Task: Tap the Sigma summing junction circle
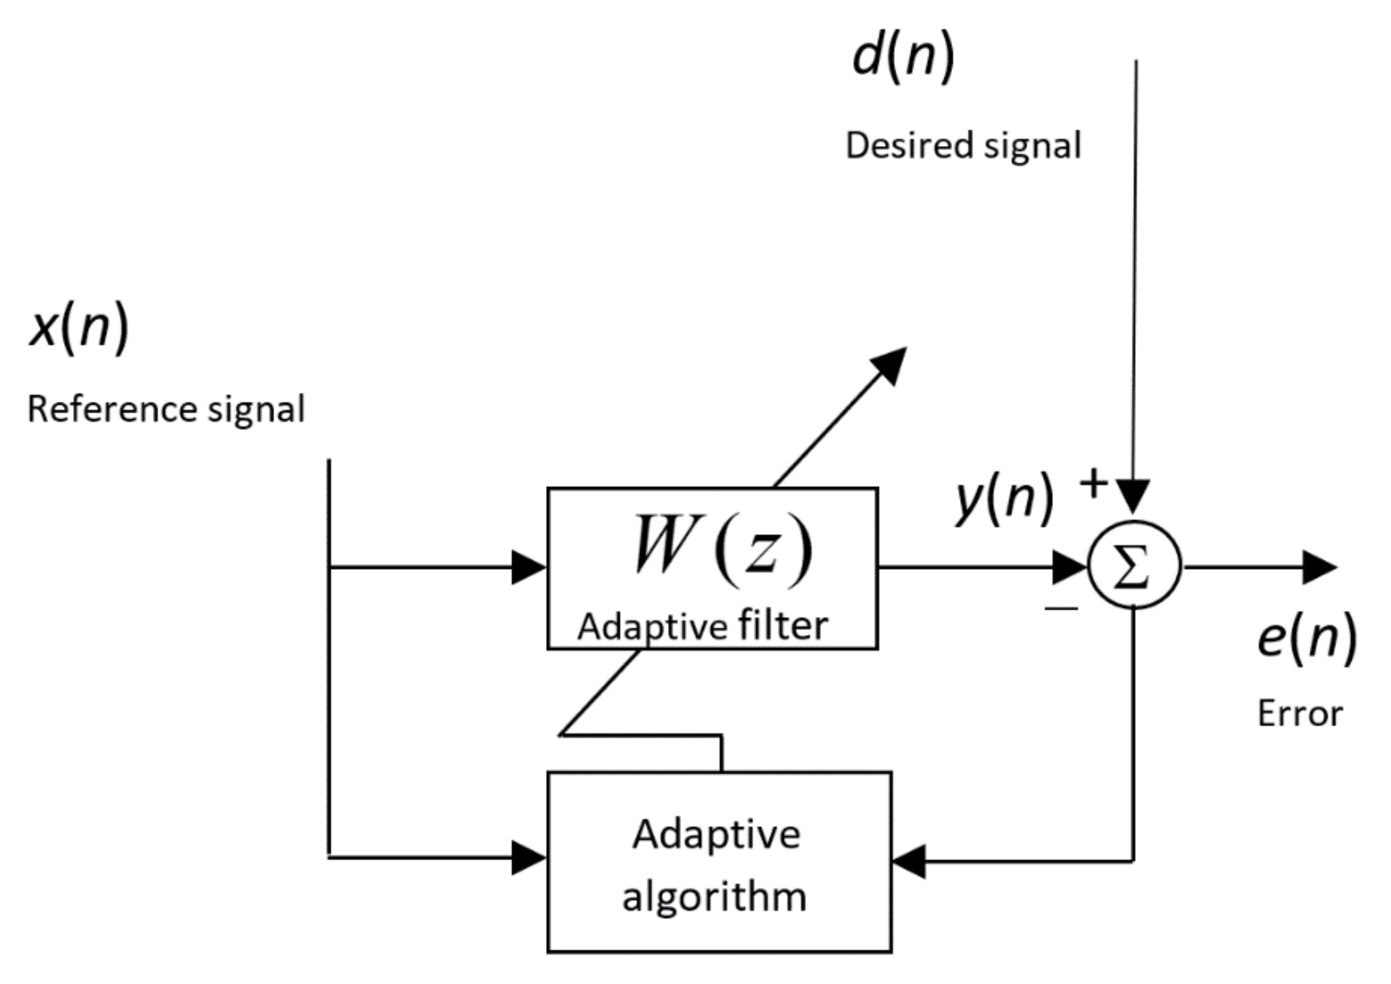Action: pyautogui.click(x=1134, y=566)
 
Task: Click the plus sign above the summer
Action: pyautogui.click(x=1094, y=484)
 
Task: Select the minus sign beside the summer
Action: pyautogui.click(x=1061, y=608)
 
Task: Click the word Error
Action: pyautogui.click(x=1299, y=714)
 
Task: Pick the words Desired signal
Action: pyautogui.click(x=963, y=146)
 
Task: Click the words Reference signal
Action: pyautogui.click(x=166, y=409)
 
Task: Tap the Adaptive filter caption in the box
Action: pyautogui.click(x=702, y=627)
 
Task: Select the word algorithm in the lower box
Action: pyautogui.click(x=714, y=897)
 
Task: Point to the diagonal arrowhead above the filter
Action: pyautogui.click(x=890, y=364)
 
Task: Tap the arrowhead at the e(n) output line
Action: pyautogui.click(x=1319, y=567)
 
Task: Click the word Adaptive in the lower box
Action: pyautogui.click(x=716, y=835)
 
